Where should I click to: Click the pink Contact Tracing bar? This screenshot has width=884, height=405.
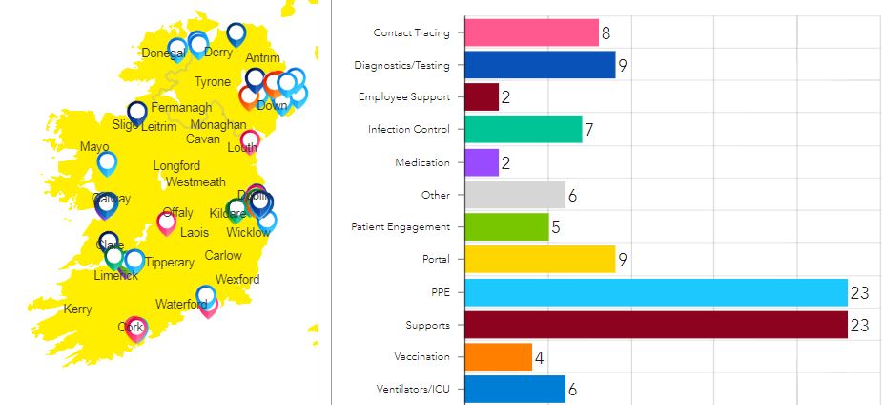[531, 32]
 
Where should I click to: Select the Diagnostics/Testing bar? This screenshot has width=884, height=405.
[540, 65]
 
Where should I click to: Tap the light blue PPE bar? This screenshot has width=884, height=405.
[656, 292]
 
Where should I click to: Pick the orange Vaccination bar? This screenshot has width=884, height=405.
[498, 357]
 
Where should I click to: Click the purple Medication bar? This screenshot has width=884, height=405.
[482, 162]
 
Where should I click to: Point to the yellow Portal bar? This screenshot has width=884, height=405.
[540, 260]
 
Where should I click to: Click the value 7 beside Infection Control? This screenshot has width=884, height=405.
[590, 130]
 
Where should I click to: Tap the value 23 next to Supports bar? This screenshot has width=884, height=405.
[859, 326]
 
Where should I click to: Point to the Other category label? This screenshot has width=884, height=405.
[436, 195]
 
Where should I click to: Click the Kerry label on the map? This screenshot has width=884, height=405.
[77, 309]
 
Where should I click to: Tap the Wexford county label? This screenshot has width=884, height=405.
[237, 280]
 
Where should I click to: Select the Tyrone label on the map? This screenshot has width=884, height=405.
[213, 82]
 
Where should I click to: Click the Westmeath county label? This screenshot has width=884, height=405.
[195, 182]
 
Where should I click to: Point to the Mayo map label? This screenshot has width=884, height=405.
[94, 148]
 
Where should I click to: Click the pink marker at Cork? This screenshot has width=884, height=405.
[135, 328]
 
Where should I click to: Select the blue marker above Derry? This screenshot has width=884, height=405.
[235, 34]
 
